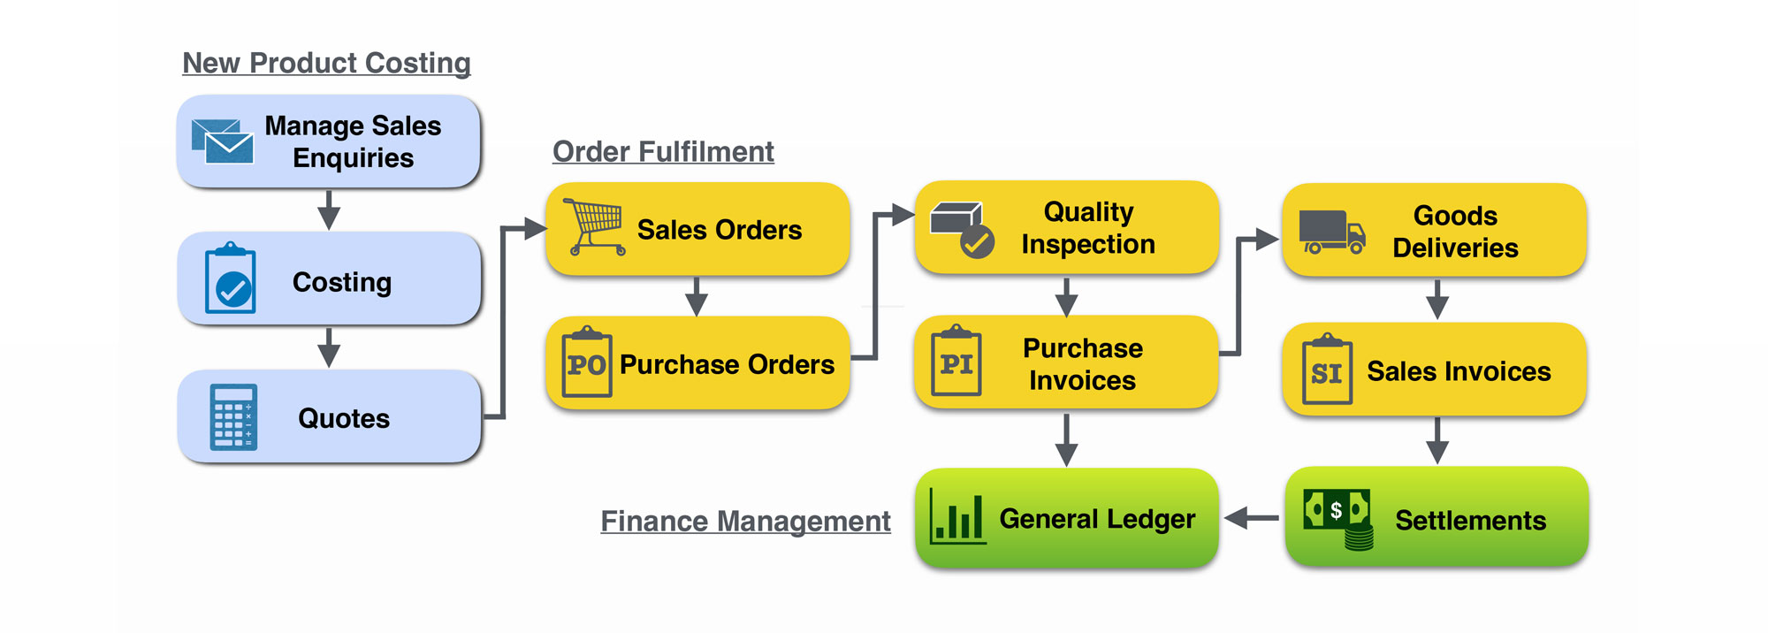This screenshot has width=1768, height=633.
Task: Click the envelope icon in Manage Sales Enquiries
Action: tap(223, 141)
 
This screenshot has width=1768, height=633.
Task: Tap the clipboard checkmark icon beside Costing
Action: tap(231, 278)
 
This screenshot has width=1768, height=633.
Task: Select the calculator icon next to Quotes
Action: tap(233, 416)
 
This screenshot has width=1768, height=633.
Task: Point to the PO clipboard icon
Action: tap(587, 362)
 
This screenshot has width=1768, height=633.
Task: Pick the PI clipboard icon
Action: tap(956, 361)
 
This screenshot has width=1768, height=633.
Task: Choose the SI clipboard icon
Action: tap(1327, 370)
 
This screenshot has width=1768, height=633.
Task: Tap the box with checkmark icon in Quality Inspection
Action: tap(962, 229)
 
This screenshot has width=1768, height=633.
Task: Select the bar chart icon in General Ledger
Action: tap(957, 516)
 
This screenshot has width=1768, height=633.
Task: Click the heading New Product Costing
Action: tap(326, 63)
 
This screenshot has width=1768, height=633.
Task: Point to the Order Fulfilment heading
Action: tap(663, 151)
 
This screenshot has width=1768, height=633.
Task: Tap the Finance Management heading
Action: tap(745, 521)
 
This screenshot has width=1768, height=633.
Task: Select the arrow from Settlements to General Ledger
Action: tap(1251, 518)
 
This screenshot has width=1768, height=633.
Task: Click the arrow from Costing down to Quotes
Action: tap(329, 347)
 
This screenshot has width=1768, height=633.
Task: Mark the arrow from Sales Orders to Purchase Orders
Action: tap(697, 297)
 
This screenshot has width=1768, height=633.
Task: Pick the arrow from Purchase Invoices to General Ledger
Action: tap(1066, 439)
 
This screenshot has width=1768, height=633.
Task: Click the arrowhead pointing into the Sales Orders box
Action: tap(534, 229)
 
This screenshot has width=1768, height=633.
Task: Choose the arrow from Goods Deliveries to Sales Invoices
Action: tap(1437, 300)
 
